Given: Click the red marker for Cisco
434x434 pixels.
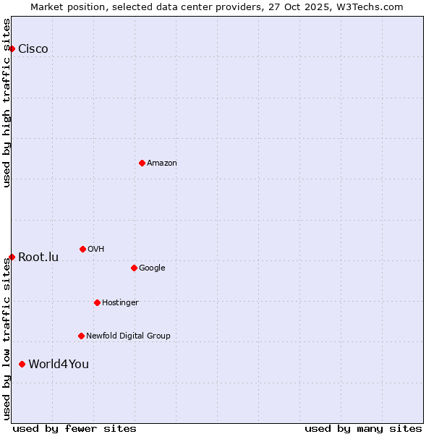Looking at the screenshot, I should point(12,48).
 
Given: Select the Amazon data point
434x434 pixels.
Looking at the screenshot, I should point(142,163).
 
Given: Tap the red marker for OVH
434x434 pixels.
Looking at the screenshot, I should point(82,249).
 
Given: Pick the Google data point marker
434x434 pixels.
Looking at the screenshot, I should point(134,268).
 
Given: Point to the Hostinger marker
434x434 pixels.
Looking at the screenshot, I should point(97,302).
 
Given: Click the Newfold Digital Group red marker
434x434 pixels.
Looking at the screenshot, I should point(81,336).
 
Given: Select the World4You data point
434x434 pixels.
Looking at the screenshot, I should point(22,364).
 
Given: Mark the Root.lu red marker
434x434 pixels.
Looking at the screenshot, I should point(12,257).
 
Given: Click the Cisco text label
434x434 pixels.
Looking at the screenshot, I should point(33,49).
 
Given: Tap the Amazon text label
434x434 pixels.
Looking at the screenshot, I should point(162,163).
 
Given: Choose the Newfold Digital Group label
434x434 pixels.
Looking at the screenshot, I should point(128,336).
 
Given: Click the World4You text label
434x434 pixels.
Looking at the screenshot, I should point(59,364).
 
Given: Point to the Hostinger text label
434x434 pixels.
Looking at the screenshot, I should point(120,302).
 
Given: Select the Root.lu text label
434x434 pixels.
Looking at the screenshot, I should point(38,258).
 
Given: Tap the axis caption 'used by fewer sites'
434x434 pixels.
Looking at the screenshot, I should point(75,428).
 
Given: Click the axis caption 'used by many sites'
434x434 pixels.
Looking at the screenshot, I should point(363,428).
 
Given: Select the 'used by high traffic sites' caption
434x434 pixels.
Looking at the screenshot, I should point(7,103).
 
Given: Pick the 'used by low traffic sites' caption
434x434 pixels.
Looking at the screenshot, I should point(7,339).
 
